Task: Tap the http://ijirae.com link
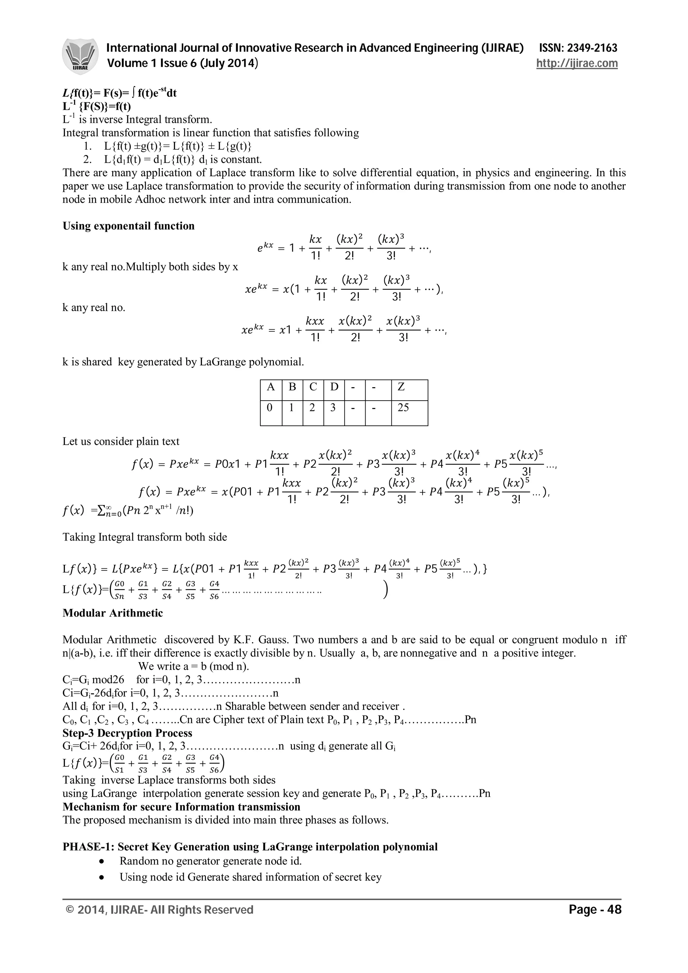pos(576,63)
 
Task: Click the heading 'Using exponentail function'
pos(128,226)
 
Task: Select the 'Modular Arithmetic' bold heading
pos(113,613)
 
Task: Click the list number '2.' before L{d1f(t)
pos(88,160)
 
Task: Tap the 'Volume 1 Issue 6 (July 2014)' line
pos(183,63)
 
